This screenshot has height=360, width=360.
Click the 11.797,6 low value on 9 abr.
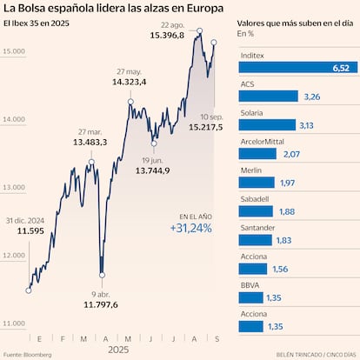(x=101, y=304)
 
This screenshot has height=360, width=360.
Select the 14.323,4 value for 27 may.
(x=129, y=82)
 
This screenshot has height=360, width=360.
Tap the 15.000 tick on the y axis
(x=13, y=52)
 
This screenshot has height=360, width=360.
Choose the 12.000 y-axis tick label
(x=13, y=256)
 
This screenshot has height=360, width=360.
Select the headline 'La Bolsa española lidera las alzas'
(x=112, y=10)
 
